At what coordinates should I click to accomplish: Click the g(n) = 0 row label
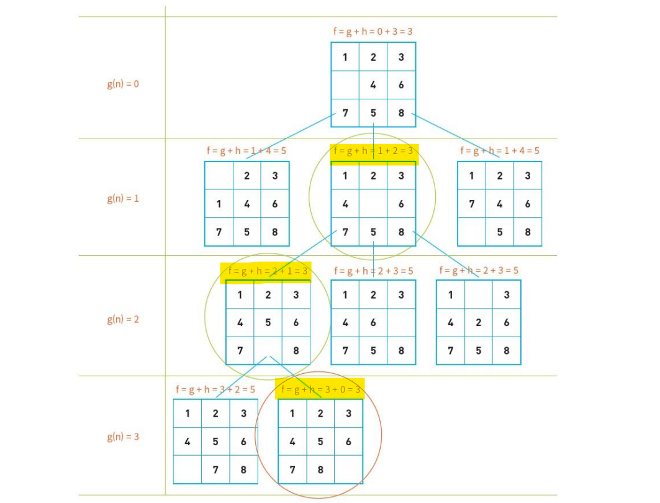click(123, 84)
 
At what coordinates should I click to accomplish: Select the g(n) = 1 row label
click(123, 199)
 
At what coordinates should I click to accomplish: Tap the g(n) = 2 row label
click(123, 319)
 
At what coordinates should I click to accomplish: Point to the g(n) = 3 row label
click(123, 437)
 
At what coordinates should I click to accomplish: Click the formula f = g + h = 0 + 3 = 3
click(373, 31)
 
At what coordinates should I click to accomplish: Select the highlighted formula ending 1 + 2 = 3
click(373, 151)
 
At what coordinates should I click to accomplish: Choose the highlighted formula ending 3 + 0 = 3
click(320, 390)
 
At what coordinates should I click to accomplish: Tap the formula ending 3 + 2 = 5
click(215, 390)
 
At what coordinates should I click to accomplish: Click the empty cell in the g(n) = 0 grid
click(345, 85)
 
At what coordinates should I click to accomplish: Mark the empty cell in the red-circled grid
click(348, 469)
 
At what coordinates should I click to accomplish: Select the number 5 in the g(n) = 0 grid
click(373, 113)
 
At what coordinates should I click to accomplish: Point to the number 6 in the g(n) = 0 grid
click(401, 85)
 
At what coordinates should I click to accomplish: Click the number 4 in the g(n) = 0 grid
click(373, 85)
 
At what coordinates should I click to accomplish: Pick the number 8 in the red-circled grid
click(320, 469)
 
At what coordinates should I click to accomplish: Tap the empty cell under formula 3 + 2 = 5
click(188, 469)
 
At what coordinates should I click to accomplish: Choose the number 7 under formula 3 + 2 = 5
click(215, 469)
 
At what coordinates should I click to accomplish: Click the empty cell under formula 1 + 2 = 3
click(373, 204)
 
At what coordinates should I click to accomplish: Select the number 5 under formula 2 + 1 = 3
click(268, 323)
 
